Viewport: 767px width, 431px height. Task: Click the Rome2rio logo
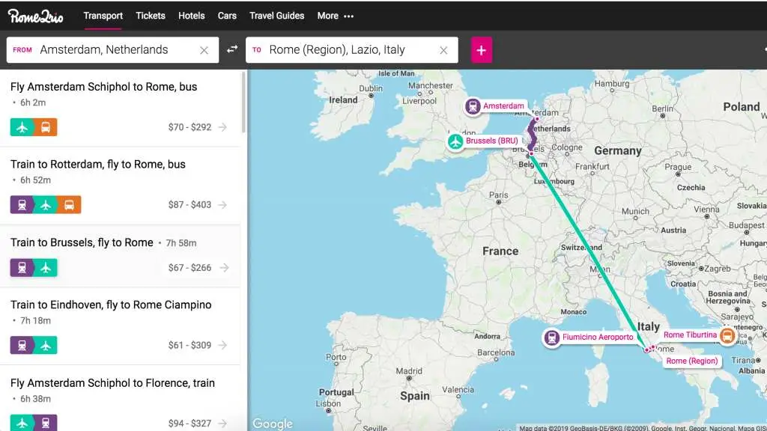36,16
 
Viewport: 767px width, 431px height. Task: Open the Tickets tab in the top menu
151,16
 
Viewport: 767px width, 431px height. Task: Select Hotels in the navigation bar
192,16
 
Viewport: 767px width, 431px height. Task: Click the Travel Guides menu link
276,16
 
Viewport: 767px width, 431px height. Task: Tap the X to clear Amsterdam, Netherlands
204,50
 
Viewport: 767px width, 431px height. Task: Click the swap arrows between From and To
232,49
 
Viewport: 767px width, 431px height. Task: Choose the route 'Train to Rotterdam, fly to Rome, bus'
98,165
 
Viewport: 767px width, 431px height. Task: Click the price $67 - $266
190,268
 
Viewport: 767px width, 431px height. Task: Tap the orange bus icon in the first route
46,127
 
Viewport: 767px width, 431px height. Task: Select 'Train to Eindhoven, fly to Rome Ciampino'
111,305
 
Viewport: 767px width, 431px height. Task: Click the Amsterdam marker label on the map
503,106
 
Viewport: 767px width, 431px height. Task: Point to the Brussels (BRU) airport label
491,141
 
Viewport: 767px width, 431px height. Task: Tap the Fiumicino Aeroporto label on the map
597,337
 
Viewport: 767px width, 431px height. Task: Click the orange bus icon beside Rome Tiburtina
727,336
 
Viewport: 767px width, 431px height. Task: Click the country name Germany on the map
618,151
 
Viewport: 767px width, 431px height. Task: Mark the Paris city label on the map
498,195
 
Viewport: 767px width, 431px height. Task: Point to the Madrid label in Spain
409,371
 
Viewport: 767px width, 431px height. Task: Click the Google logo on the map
272,424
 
